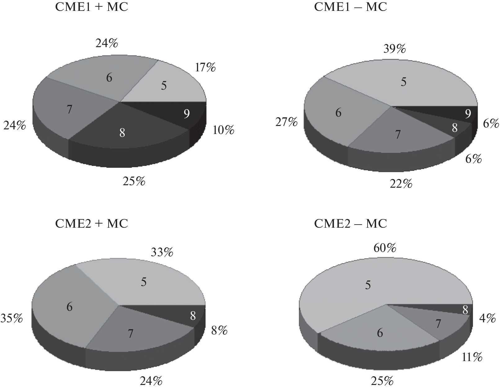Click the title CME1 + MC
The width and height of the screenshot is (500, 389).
(91, 7)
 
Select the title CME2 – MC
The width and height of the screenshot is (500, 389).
(350, 224)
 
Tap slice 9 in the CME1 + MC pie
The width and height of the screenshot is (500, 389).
(186, 114)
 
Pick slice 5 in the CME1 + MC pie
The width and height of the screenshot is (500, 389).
(164, 85)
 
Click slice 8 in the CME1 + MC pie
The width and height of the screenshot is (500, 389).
(122, 133)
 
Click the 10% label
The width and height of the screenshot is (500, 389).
(223, 130)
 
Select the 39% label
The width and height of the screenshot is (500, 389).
(394, 49)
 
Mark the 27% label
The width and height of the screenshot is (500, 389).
(286, 123)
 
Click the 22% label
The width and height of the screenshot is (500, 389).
(401, 184)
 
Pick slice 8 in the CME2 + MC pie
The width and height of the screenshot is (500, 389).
(193, 316)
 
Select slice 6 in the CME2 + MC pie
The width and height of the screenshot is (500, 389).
(69, 307)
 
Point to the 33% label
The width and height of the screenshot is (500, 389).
(162, 253)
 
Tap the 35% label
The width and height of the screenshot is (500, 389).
(11, 319)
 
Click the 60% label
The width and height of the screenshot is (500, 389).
(385, 248)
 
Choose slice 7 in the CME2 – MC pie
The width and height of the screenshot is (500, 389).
(438, 324)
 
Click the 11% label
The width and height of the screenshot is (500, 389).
(472, 358)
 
